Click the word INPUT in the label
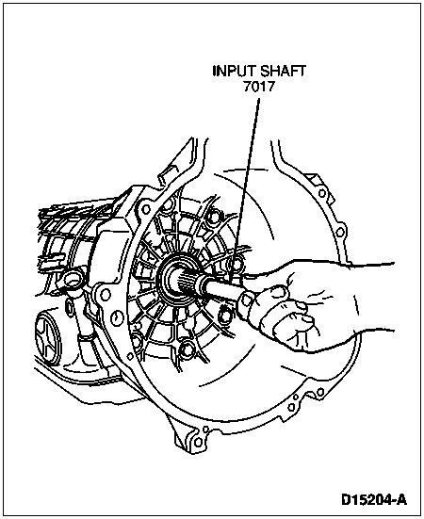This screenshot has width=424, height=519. [234, 72]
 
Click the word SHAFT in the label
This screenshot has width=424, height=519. [283, 72]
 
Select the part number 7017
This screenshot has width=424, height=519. [259, 87]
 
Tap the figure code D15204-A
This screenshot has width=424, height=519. [374, 499]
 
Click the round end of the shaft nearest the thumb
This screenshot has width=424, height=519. [246, 300]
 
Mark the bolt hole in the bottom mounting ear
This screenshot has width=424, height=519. [198, 442]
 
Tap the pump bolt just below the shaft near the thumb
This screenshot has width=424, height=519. [225, 316]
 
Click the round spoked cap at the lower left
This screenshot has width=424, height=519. [48, 336]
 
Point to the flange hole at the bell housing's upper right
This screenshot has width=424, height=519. [321, 192]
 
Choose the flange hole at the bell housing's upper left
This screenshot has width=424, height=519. [145, 209]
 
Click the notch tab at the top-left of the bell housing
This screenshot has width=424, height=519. [167, 174]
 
